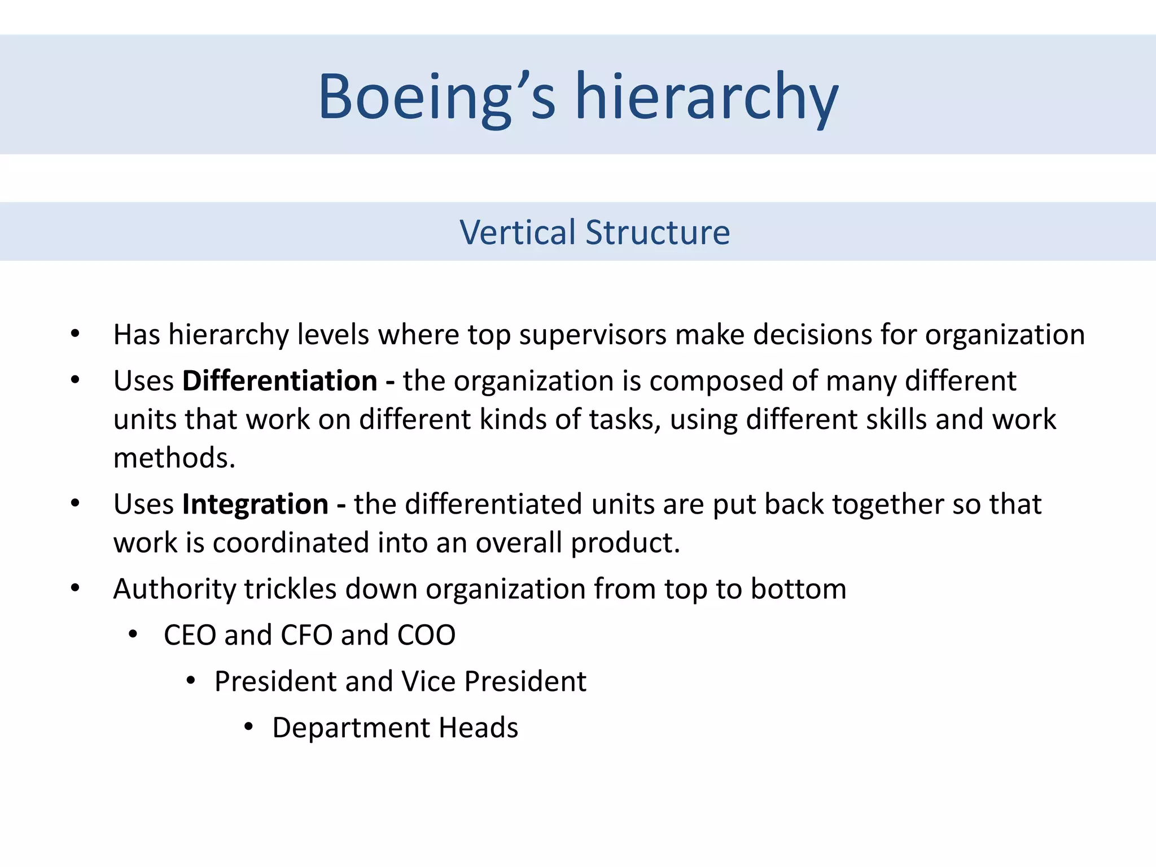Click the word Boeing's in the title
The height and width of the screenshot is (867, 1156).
pyautogui.click(x=437, y=97)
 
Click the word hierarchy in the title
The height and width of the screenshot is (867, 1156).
pyautogui.click(x=706, y=97)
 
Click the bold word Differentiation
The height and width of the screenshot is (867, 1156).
pyautogui.click(x=279, y=381)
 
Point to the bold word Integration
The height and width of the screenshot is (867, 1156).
pyautogui.click(x=255, y=504)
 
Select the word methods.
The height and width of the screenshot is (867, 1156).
pyautogui.click(x=174, y=458)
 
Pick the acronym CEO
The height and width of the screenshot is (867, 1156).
pyautogui.click(x=190, y=636)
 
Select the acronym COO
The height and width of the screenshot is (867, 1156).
pyautogui.click(x=426, y=636)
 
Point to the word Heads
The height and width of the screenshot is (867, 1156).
pyautogui.click(x=479, y=728)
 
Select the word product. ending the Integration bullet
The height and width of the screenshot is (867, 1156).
pyautogui.click(x=625, y=543)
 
